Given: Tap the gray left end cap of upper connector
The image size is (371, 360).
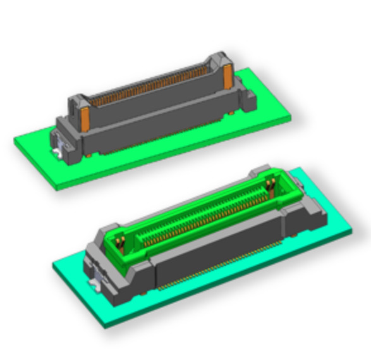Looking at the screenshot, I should (x=70, y=130).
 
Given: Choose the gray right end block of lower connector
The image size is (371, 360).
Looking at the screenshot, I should (x=297, y=202).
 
